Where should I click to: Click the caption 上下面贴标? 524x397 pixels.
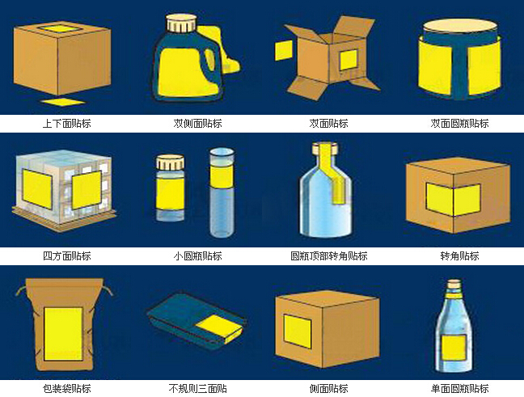pyautogui.click(x=67, y=124)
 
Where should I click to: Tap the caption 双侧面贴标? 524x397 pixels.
pyautogui.click(x=197, y=124)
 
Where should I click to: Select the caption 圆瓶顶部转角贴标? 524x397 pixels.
pyautogui.click(x=329, y=256)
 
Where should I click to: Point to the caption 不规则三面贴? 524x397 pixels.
pyautogui.click(x=197, y=389)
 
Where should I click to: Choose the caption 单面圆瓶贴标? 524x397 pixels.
pyautogui.click(x=459, y=389)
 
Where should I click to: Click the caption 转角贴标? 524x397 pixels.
pyautogui.click(x=459, y=256)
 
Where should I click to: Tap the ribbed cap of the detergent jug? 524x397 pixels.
pyautogui.click(x=182, y=23)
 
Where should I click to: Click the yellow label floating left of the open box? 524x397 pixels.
pyautogui.click(x=283, y=50)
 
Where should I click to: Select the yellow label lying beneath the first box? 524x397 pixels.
pyautogui.click(x=63, y=102)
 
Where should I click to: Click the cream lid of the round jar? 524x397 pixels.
pyautogui.click(x=459, y=25)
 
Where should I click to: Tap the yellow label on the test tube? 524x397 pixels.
pyautogui.click(x=222, y=177)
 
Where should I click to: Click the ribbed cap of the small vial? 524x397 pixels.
pyautogui.click(x=170, y=162)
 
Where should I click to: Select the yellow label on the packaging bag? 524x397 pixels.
pyautogui.click(x=63, y=334)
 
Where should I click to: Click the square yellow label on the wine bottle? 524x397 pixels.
pyautogui.click(x=454, y=348)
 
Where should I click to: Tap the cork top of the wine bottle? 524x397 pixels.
pyautogui.click(x=454, y=285)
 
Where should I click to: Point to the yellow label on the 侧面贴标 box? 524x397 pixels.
pyautogui.click(x=297, y=332)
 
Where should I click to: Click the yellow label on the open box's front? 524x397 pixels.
pyautogui.click(x=349, y=60)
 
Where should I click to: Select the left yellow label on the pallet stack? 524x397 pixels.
pyautogui.click(x=37, y=189)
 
